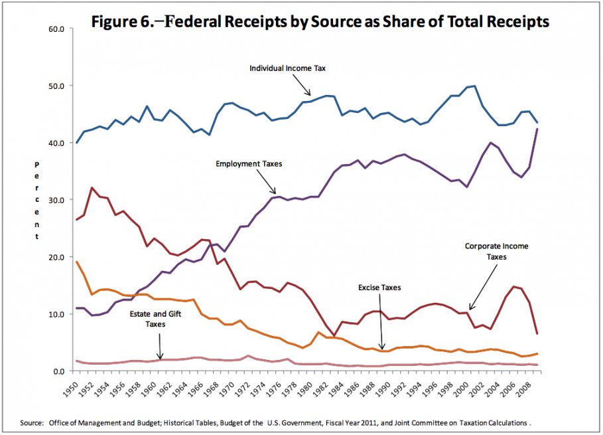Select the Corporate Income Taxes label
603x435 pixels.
point(497,252)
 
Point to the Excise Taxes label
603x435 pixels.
point(379,288)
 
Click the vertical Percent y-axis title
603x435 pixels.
point(37,200)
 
